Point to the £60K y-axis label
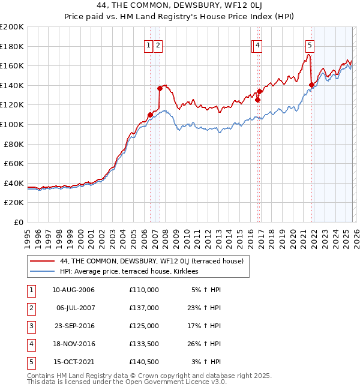coord(14,163)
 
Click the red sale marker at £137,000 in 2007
coord(160,88)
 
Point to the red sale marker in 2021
coord(311,85)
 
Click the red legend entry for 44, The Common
coord(151,261)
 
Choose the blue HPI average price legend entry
coord(128,271)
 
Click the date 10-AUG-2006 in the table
coord(73,289)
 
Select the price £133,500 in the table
coord(144,344)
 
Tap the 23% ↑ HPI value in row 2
coord(206,307)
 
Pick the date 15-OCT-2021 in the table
coord(73,362)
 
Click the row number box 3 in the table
coord(30,326)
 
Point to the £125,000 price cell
coord(144,326)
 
